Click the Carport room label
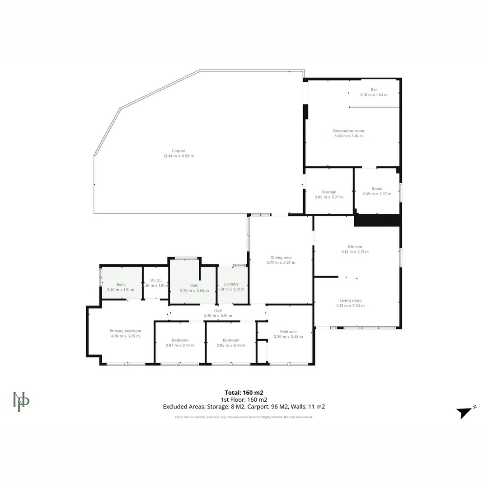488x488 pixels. pos(178,151)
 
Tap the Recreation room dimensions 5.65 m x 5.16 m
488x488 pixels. pos(348,136)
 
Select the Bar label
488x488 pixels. pos(374,89)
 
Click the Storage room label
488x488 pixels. pos(329,192)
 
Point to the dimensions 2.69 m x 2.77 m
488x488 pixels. pos(377,194)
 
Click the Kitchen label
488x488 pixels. pos(355,247)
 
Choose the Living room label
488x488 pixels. pos(350,300)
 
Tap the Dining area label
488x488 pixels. pos(281,258)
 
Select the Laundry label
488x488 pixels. pos(231,284)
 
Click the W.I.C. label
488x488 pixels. pos(155,281)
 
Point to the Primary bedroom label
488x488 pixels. pos(125,331)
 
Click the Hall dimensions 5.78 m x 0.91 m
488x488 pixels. pos(218,316)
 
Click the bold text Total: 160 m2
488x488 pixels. pos(244,392)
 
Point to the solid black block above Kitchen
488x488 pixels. pos(377,220)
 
